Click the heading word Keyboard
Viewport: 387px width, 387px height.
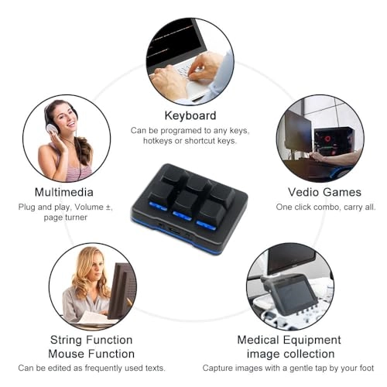tap(190, 116)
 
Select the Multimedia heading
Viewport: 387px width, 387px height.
tap(64, 192)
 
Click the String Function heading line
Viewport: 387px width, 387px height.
tap(91, 339)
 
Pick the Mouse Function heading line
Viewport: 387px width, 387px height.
tap(91, 353)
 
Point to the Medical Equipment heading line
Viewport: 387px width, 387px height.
tap(289, 339)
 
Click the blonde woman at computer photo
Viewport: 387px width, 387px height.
tap(91, 286)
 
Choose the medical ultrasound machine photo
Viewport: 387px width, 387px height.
tap(289, 286)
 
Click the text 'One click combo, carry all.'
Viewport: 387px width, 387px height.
tap(326, 207)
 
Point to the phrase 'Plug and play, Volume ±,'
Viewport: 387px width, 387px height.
tap(64, 207)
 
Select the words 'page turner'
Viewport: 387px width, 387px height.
tap(64, 217)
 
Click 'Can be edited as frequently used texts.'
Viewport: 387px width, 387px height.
tap(91, 368)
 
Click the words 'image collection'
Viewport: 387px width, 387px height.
tap(289, 353)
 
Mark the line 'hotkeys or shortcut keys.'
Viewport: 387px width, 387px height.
tap(190, 141)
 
